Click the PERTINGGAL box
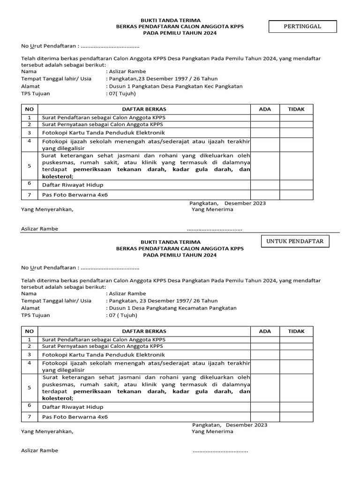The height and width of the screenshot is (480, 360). click(302, 27)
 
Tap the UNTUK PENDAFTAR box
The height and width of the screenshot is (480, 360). click(295, 241)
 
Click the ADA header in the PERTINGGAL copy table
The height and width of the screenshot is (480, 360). click(265, 109)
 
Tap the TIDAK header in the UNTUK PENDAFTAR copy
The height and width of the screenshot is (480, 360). click(296, 331)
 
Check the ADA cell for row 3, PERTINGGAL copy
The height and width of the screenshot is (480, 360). click(265, 133)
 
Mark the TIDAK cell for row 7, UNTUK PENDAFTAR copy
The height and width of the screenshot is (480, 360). click(296, 417)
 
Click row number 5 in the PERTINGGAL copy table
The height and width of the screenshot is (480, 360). click(29, 165)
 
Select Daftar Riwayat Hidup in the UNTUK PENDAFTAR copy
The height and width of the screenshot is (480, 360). click(73, 407)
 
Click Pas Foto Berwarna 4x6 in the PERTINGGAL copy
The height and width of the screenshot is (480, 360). click(75, 195)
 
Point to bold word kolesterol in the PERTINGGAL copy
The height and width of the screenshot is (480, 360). click(58, 177)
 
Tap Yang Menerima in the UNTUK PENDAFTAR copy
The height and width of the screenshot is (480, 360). click(212, 432)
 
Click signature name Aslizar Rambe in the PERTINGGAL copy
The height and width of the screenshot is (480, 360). click(40, 229)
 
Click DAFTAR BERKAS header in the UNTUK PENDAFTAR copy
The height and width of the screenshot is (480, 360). click(144, 331)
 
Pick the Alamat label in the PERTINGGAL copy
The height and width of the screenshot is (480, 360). click(30, 86)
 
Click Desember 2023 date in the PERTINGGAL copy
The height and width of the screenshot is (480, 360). click(245, 203)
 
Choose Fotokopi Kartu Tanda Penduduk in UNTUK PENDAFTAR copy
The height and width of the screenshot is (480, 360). click(104, 355)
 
